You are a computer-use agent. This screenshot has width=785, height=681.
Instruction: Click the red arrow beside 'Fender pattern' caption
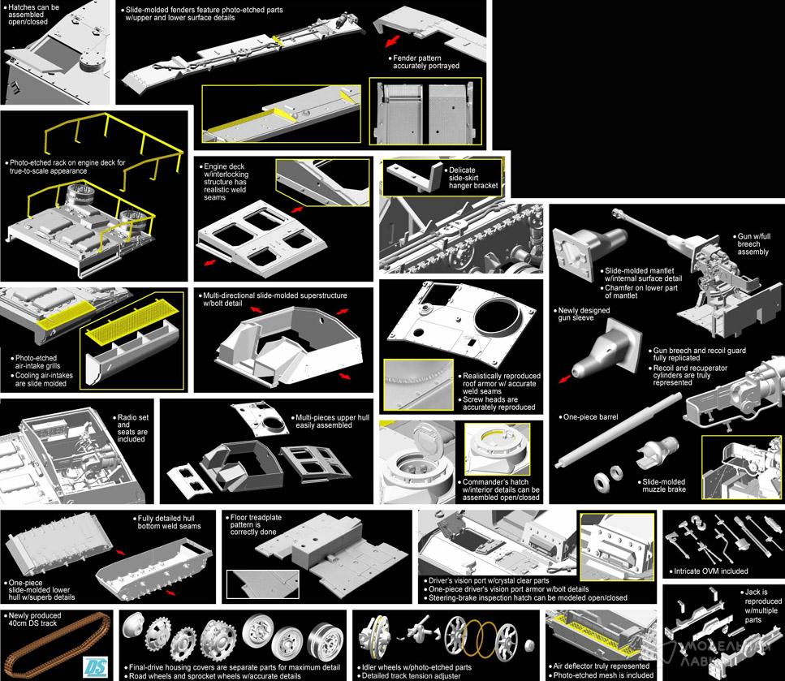coord(393,41)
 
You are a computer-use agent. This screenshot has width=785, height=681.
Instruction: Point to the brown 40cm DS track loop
coord(55,645)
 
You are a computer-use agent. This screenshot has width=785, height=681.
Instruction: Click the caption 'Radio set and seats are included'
coord(132,428)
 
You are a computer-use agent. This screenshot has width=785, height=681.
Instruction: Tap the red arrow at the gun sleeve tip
coord(565,379)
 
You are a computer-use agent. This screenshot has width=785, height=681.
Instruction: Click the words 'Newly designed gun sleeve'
coord(584,314)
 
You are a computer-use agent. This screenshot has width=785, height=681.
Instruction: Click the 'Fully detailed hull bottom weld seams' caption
coord(169,522)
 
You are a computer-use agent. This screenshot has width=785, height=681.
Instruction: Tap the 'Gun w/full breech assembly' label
coord(753,244)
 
